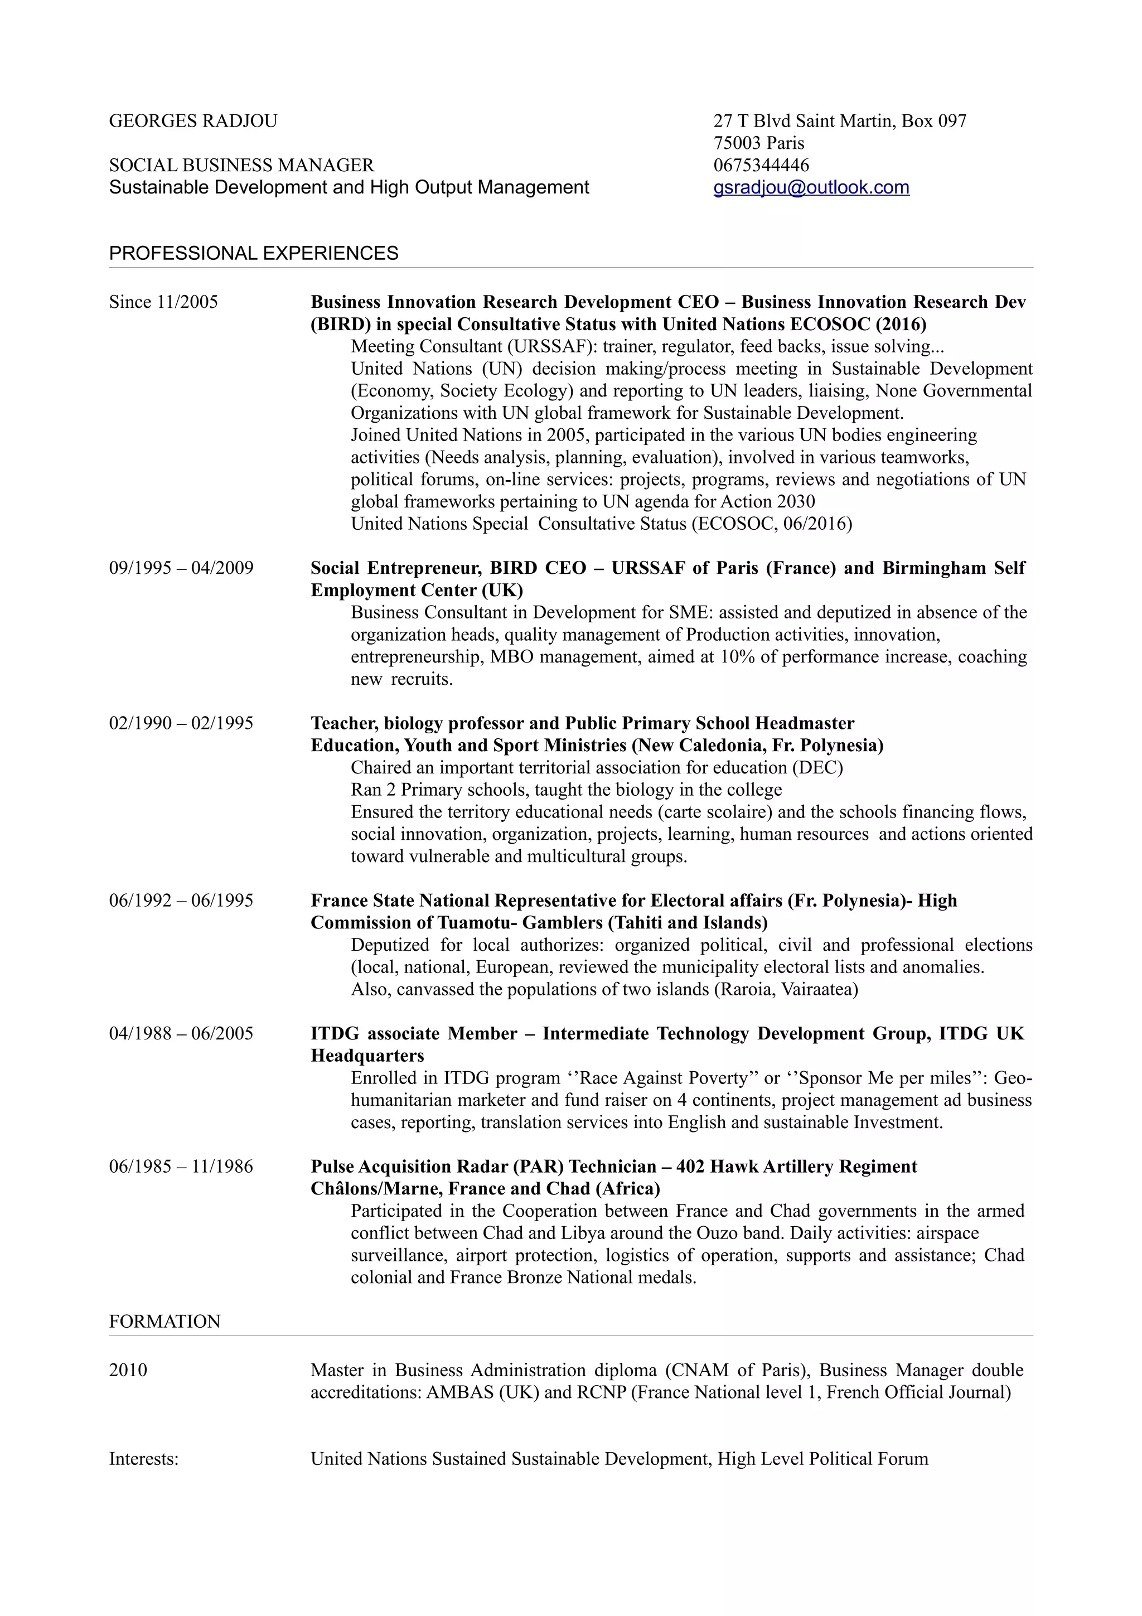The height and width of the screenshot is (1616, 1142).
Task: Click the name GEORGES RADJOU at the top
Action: [193, 121]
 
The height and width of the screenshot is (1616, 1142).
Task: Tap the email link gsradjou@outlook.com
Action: [811, 187]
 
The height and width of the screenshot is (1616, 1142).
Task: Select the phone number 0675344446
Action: [761, 166]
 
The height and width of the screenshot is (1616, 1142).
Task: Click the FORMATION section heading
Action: [164, 1321]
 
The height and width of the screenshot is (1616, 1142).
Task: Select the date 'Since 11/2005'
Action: [163, 302]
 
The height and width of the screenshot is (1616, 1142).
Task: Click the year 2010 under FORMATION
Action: [128, 1370]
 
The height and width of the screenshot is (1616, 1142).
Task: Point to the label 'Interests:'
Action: [143, 1459]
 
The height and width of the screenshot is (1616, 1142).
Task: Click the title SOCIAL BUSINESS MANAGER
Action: [241, 166]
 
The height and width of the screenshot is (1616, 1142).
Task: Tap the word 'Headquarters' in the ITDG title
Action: [367, 1056]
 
